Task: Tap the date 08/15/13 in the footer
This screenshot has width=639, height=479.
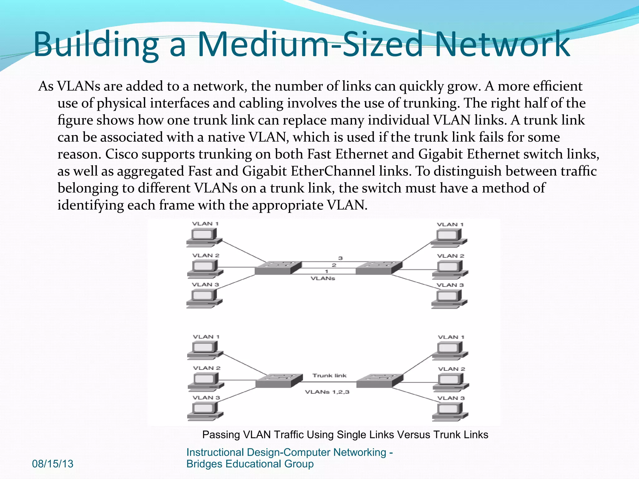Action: (x=52, y=464)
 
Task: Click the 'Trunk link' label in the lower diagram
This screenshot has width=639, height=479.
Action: (x=329, y=375)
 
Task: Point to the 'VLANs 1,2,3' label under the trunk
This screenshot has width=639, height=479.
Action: (x=327, y=392)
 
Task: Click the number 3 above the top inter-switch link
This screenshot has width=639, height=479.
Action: (x=340, y=258)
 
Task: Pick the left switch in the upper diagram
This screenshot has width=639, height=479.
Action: (x=278, y=268)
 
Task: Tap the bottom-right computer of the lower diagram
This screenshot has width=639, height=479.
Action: (x=450, y=412)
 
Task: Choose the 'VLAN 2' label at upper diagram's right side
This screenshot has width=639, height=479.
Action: (x=451, y=256)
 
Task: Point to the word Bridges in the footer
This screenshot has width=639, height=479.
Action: (x=204, y=464)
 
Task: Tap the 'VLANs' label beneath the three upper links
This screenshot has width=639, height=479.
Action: (x=323, y=278)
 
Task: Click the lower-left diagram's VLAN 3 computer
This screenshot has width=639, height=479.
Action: (x=205, y=411)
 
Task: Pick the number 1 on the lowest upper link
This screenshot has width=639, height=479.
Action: (x=326, y=271)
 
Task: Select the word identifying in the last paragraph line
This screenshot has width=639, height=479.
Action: (x=90, y=205)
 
